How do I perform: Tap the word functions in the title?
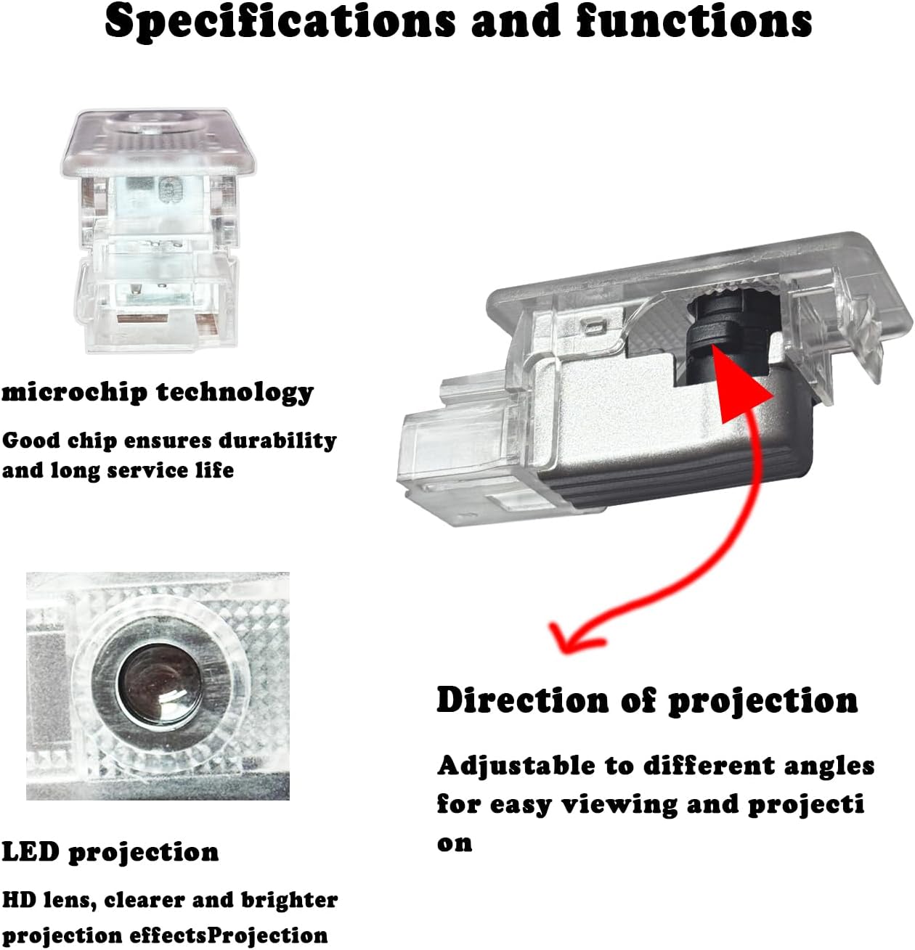point(694,22)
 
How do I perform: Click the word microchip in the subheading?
point(74,392)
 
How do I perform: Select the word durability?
point(277,441)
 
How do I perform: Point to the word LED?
point(30,852)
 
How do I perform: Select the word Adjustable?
point(516,766)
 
